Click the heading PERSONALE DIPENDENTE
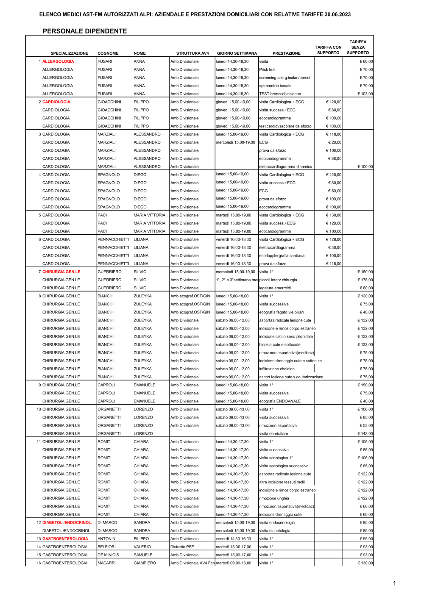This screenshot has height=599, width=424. click(85, 31)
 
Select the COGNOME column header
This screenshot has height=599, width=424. click(108, 53)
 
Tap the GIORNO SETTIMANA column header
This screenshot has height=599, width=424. click(237, 53)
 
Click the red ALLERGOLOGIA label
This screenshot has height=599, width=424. click(58, 61)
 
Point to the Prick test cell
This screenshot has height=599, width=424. click(267, 69)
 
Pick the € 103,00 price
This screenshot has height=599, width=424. click(365, 94)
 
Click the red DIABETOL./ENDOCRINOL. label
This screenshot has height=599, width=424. click(67, 523)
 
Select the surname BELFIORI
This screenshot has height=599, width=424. click(106, 547)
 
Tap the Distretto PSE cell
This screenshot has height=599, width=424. click(182, 547)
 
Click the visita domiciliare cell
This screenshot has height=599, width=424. click(273, 434)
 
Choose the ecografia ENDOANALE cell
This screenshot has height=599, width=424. click(280, 401)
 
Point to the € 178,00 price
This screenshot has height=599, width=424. click(365, 280)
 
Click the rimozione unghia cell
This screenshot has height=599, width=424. click(274, 499)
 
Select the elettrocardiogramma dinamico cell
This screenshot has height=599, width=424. click(285, 167)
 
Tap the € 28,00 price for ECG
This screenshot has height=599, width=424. click(335, 142)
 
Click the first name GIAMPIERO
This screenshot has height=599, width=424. click(145, 563)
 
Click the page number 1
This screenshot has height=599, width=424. click(394, 583)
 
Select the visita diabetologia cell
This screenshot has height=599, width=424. click(275, 531)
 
